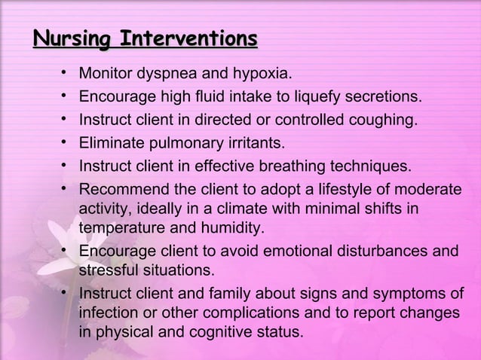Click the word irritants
pos(256,142)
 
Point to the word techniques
pos(372,166)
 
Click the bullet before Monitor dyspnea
pos(66,74)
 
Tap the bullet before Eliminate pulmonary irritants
pos(66,142)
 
